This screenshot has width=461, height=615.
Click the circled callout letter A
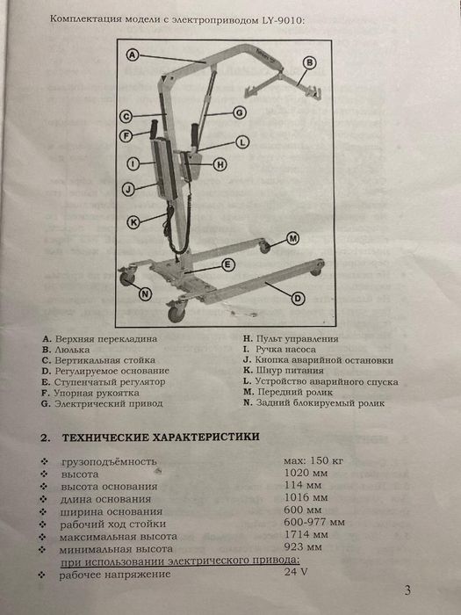pos(131,54)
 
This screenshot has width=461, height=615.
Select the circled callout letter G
pos(240,112)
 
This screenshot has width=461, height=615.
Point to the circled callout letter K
pos(133,221)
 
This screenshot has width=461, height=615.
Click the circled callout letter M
pos(292,239)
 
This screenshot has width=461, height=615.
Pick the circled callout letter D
pos(298,299)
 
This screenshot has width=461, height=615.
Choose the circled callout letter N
pos(144,293)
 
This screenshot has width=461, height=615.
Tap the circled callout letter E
pos(227,264)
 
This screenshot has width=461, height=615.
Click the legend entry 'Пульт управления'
pos(295,338)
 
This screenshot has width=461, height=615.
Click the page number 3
pos(407,590)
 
